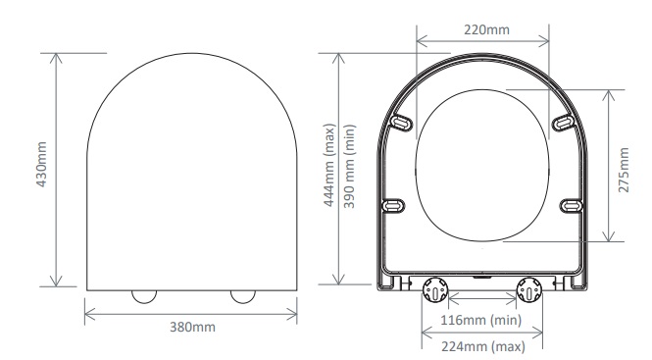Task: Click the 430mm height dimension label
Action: pos(41,165)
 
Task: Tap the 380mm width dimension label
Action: pos(192,327)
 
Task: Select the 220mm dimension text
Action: pos(486,30)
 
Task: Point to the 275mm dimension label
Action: pos(624,170)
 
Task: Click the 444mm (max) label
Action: pos(328,165)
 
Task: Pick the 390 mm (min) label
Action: pos(349,167)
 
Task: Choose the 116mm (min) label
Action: pos(481,320)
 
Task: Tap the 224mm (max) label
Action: pos(483,346)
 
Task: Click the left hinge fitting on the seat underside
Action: pos(435,289)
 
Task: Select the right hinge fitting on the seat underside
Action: pos(528,289)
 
